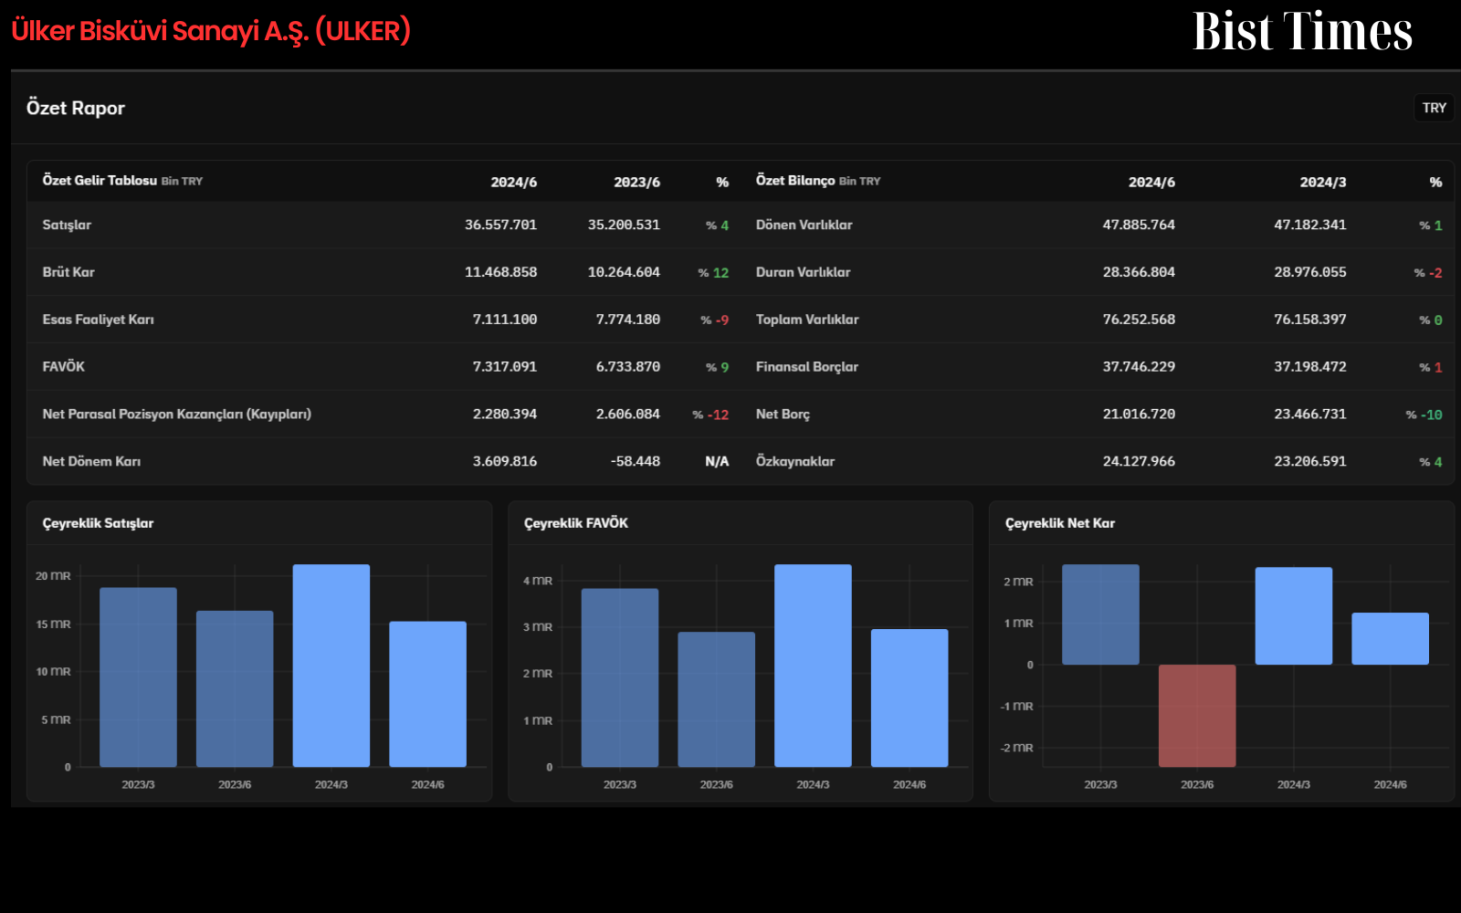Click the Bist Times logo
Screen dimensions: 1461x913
click(1302, 31)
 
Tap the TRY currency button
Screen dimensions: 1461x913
click(1435, 108)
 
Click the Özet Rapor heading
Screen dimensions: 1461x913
click(76, 108)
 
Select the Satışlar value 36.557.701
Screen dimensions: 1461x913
click(501, 225)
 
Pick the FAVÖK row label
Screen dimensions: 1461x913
click(63, 366)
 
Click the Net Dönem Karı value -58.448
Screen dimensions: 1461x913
click(636, 462)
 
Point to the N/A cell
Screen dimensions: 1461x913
click(717, 462)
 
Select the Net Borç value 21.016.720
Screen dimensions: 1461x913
click(1139, 415)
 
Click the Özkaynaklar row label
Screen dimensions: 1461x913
click(795, 462)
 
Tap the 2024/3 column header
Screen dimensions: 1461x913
click(1323, 182)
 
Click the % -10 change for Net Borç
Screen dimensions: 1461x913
click(1424, 415)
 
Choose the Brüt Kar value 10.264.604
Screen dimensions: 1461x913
click(624, 272)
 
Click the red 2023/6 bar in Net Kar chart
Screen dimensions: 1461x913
click(1197, 716)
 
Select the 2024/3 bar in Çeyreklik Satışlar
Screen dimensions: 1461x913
click(331, 666)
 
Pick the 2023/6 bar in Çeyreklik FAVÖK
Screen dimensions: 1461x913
click(716, 699)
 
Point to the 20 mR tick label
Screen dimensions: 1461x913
click(53, 576)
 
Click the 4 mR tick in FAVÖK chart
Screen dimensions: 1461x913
click(538, 581)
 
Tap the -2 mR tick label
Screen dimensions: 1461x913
click(1017, 748)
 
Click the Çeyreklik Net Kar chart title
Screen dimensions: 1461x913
click(1060, 523)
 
